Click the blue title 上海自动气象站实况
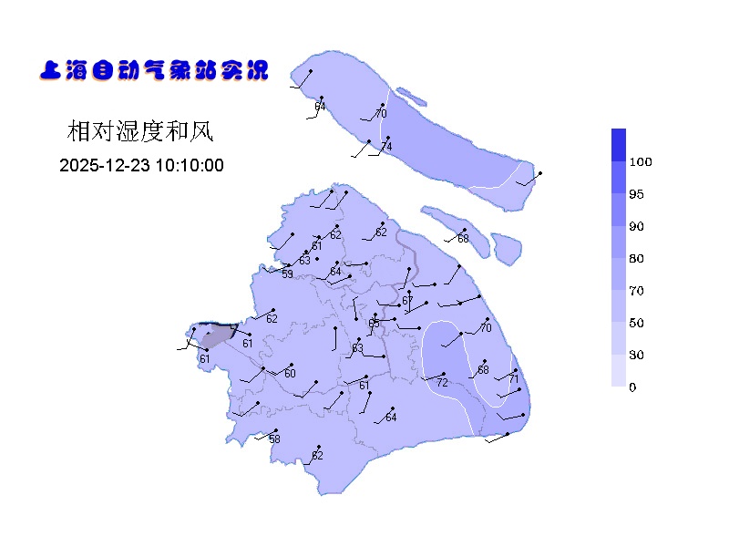click(154, 70)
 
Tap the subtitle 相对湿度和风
click(139, 131)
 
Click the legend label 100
click(641, 162)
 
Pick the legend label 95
click(636, 194)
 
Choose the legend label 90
click(636, 226)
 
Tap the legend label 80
click(636, 259)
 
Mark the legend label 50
click(636, 323)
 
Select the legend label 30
click(636, 355)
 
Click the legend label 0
click(632, 387)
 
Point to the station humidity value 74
click(386, 148)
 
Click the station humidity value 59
click(287, 273)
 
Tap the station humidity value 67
click(407, 301)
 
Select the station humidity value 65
click(374, 324)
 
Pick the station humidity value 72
click(442, 383)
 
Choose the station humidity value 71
click(513, 379)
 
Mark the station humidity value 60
click(290, 374)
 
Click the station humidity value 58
click(274, 439)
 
